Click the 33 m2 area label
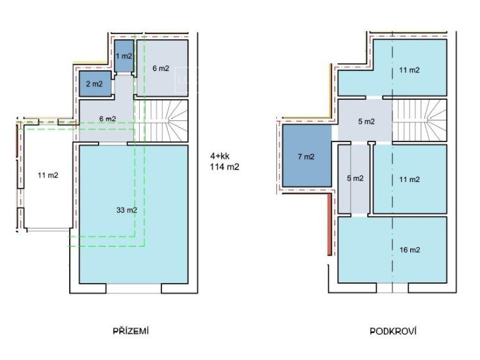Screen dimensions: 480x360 point(127,211)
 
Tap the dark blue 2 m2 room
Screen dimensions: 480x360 point(95,83)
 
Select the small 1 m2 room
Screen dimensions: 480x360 point(124,56)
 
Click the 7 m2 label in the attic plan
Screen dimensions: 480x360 point(306,157)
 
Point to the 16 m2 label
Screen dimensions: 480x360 point(410,250)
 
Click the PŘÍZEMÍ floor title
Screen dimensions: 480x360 point(131,331)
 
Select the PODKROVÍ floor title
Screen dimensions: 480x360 point(393,331)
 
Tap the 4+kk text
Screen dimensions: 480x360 point(220,156)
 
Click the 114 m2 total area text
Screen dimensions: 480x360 point(225,167)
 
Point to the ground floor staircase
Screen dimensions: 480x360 point(161,121)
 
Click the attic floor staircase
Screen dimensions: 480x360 point(420,120)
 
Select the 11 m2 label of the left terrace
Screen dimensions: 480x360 point(48,176)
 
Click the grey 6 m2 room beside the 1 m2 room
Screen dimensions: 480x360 point(162,68)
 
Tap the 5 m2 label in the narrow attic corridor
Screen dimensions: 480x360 point(355,178)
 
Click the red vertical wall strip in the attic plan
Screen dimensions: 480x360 point(329,224)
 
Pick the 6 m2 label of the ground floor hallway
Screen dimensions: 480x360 point(108,119)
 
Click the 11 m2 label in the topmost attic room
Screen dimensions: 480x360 point(410,70)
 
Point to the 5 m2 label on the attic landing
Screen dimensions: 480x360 point(367,122)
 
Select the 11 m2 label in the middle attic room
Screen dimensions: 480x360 point(410,179)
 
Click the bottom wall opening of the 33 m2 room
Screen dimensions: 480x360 point(133,288)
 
